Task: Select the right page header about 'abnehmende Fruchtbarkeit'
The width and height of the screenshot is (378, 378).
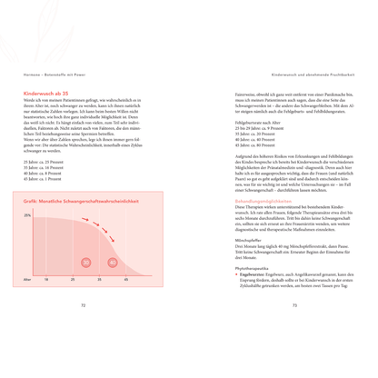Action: [x=317, y=75]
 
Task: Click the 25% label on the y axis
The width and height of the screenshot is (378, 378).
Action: [x=28, y=240]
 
